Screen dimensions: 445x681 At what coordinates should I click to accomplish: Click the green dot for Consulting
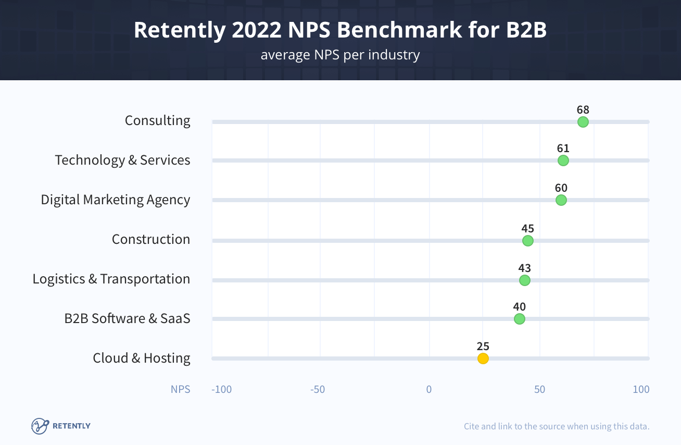583,122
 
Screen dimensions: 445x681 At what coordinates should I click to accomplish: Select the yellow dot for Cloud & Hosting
483,359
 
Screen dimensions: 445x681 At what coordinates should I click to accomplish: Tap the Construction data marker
527,241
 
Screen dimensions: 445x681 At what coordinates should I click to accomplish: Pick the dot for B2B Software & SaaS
519,319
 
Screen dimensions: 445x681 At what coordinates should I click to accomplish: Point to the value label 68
583,109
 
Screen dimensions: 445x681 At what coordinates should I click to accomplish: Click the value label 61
563,149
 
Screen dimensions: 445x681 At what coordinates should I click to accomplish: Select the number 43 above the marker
524,268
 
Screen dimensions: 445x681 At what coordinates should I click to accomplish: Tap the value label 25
483,346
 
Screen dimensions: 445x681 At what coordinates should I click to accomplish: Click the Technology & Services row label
122,160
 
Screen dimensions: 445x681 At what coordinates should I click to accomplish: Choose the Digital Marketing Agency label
116,200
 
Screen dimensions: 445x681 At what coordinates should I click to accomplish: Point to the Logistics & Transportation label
111,279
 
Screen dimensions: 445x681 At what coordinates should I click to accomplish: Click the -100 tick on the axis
221,389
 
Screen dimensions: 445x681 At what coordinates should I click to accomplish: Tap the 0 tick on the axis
429,389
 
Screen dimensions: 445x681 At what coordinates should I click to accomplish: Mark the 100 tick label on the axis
641,389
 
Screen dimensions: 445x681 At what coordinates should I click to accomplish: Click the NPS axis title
180,389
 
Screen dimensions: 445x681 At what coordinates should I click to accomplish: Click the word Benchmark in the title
399,30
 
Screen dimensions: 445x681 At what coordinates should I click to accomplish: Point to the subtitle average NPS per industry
340,55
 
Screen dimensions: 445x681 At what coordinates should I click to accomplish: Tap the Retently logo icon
40,426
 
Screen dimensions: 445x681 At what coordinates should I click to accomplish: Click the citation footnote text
557,426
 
